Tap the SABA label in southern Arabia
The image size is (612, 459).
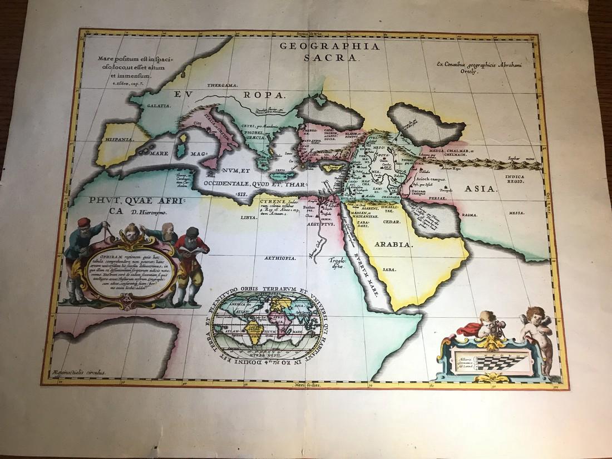pyautogui.click(x=389, y=270)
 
